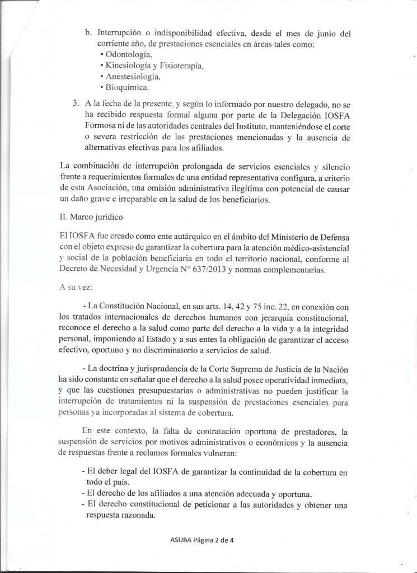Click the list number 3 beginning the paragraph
pyautogui.click(x=76, y=104)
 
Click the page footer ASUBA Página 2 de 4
pyautogui.click(x=210, y=540)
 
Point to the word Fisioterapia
pyautogui.click(x=179, y=65)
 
